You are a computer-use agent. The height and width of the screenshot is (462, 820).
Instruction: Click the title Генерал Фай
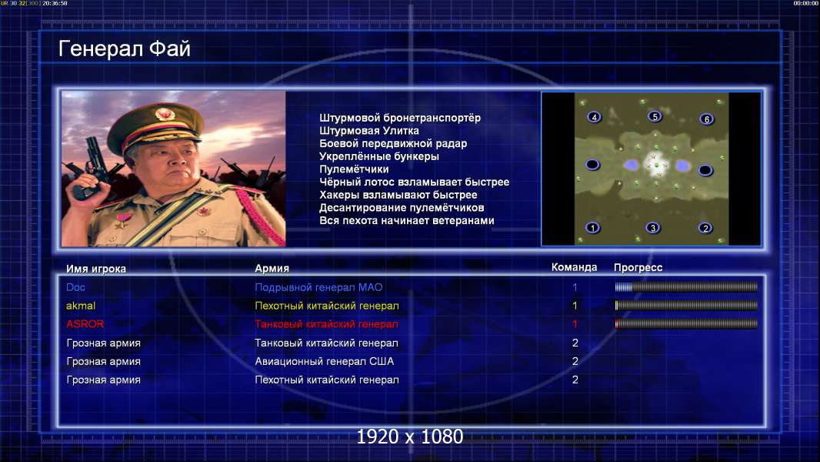[125, 49]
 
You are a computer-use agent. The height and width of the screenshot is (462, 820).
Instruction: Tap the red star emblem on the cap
[164, 113]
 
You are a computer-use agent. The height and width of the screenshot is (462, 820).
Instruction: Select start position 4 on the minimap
[594, 117]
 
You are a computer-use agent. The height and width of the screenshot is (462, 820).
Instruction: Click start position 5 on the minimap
[655, 116]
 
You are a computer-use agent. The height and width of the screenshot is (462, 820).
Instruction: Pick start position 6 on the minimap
[706, 119]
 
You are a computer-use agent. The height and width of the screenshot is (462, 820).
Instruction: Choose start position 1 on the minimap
[592, 228]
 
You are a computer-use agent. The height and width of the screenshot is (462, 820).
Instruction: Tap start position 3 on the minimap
[652, 228]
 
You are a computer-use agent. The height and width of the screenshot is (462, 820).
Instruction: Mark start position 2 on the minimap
[705, 228]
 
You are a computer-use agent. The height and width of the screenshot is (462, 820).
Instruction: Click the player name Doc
[76, 287]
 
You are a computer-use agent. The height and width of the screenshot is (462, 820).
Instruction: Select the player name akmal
[81, 306]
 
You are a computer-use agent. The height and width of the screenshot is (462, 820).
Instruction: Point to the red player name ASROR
[85, 324]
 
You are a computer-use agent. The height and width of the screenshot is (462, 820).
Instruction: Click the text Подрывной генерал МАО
[318, 287]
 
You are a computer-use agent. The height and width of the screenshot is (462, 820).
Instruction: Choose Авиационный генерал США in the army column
[325, 361]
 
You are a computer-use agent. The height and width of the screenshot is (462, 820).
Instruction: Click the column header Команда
[574, 267]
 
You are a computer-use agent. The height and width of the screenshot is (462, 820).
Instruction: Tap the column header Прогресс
[638, 268]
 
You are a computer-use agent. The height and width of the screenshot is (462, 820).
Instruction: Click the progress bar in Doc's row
[686, 286]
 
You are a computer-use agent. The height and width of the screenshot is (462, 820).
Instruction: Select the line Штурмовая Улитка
[369, 131]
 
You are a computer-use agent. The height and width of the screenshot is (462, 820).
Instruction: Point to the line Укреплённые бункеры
[379, 156]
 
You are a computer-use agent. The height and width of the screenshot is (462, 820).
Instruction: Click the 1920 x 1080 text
[410, 437]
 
